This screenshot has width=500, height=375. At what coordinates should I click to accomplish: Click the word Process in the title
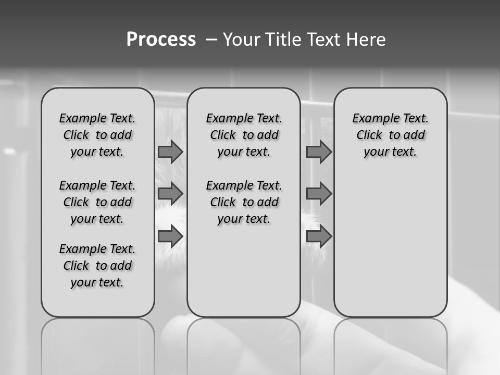[x=161, y=40]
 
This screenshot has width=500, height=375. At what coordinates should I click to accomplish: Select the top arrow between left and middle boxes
[x=170, y=152]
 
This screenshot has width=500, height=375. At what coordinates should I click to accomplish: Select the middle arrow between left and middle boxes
[x=170, y=194]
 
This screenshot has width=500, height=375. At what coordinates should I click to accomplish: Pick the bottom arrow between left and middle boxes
[x=170, y=236]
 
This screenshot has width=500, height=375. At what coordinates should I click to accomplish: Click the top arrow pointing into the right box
[x=319, y=152]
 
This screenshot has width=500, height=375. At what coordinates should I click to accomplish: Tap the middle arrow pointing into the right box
[x=319, y=194]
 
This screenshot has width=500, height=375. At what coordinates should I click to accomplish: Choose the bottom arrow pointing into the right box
[x=319, y=236]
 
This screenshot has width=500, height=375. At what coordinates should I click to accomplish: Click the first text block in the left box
[x=97, y=135]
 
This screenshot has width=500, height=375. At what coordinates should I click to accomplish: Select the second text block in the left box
[x=97, y=202]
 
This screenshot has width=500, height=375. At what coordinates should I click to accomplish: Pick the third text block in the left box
[x=97, y=266]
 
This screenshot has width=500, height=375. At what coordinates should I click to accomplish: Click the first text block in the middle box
[x=244, y=135]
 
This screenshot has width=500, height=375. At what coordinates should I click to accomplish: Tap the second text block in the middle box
[x=244, y=202]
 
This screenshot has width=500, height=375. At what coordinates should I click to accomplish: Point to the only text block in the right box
[x=390, y=135]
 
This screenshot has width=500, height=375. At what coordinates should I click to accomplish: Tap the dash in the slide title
[x=211, y=40]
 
